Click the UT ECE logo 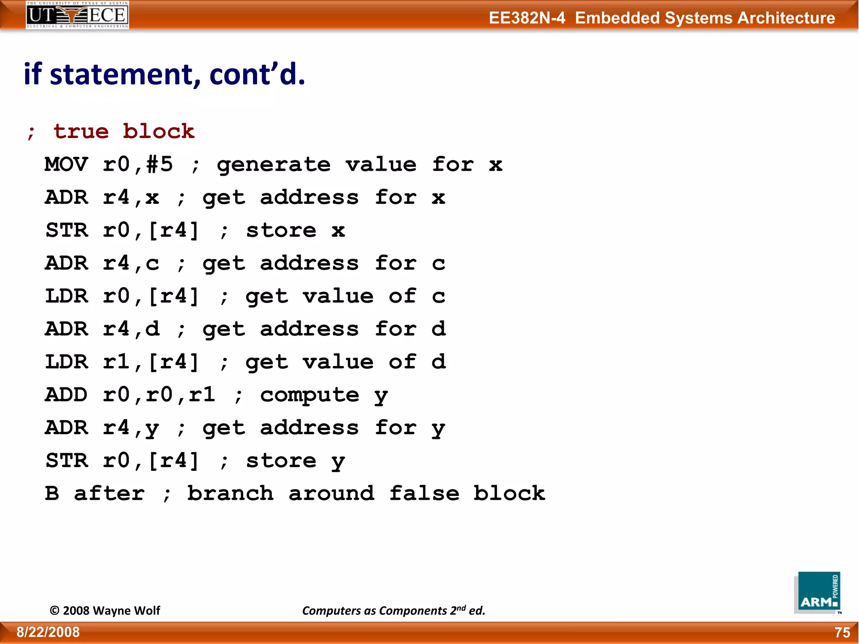pyautogui.click(x=77, y=15)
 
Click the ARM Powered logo pyautogui.click(x=817, y=592)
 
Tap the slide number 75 pyautogui.click(x=842, y=632)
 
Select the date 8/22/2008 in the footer pyautogui.click(x=48, y=632)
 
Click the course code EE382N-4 pyautogui.click(x=527, y=18)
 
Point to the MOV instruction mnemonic pyautogui.click(x=66, y=164)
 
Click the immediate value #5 pyautogui.click(x=159, y=164)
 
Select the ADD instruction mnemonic pyautogui.click(x=66, y=395)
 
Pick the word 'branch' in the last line pyautogui.click(x=230, y=493)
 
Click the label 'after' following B pyautogui.click(x=109, y=493)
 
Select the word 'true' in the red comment pyautogui.click(x=81, y=132)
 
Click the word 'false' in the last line pyautogui.click(x=424, y=493)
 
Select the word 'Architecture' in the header pyautogui.click(x=786, y=18)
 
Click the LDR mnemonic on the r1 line pyautogui.click(x=66, y=362)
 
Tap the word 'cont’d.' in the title pyautogui.click(x=257, y=75)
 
